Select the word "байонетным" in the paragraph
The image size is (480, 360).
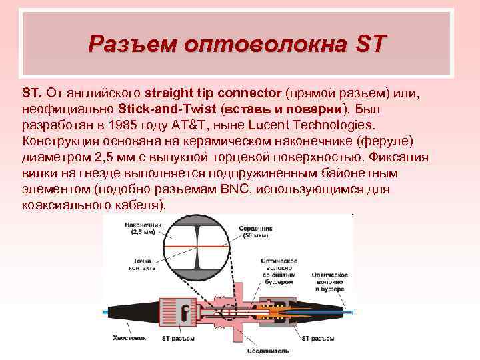pyautogui.click(x=377, y=173)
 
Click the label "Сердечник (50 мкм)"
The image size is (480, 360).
pyautogui.click(x=256, y=232)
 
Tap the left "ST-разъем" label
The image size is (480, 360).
pyautogui.click(x=178, y=338)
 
